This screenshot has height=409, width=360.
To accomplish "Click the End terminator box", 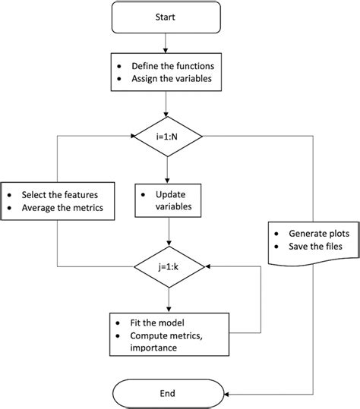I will tap(167, 393).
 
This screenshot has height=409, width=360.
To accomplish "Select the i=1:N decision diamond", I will tap(166, 137).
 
